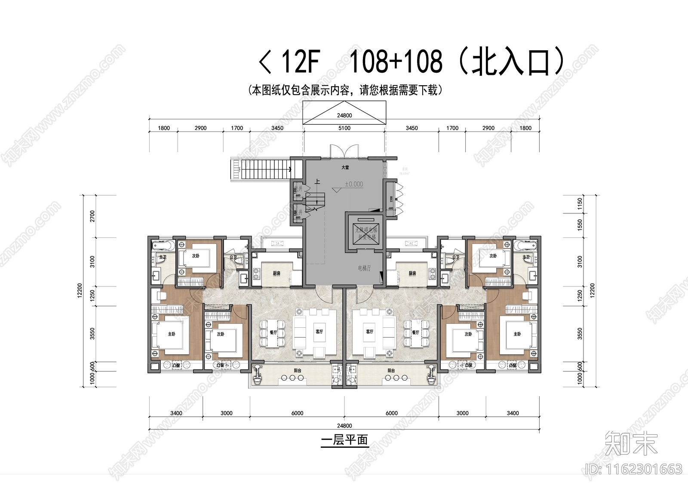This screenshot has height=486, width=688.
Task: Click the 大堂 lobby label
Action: (345, 167)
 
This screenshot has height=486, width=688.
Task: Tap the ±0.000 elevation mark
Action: (353, 184)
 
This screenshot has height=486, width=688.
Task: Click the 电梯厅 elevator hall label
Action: (364, 268)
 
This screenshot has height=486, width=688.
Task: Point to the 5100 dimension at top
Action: (344, 128)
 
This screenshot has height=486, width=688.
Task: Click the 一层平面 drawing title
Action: (344, 440)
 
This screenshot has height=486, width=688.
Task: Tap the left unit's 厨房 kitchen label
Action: (276, 274)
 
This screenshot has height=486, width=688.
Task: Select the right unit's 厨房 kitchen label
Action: (412, 274)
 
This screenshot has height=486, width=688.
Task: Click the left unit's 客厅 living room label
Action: (319, 332)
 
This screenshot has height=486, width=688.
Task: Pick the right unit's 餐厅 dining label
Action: (415, 332)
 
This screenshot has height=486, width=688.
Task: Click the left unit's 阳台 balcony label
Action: (298, 370)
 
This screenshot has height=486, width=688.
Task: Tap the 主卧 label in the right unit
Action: (517, 334)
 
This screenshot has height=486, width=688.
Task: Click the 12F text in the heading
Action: (300, 62)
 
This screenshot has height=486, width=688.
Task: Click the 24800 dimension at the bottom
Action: (344, 426)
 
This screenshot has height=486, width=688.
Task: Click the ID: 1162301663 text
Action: (634, 469)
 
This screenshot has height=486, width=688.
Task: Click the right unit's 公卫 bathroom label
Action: (455, 257)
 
